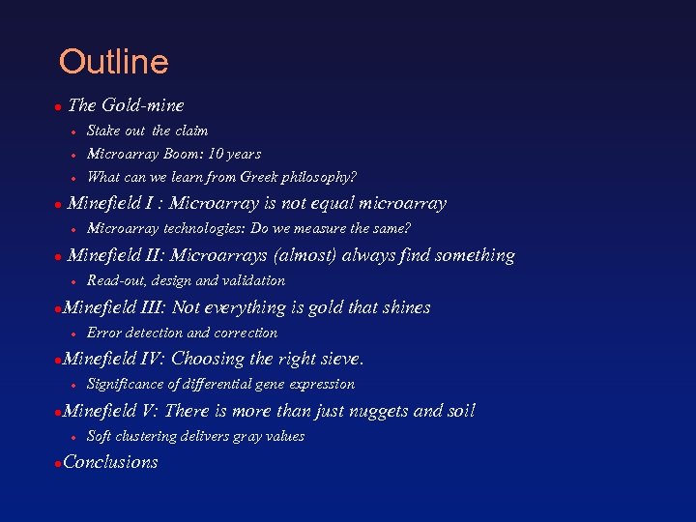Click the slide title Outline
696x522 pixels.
coord(113,62)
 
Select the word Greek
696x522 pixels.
coord(269,177)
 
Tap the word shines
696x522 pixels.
coord(405,307)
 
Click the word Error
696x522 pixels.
coord(103,333)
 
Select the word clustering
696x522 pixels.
coord(149,436)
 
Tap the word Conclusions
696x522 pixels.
coord(110,462)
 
